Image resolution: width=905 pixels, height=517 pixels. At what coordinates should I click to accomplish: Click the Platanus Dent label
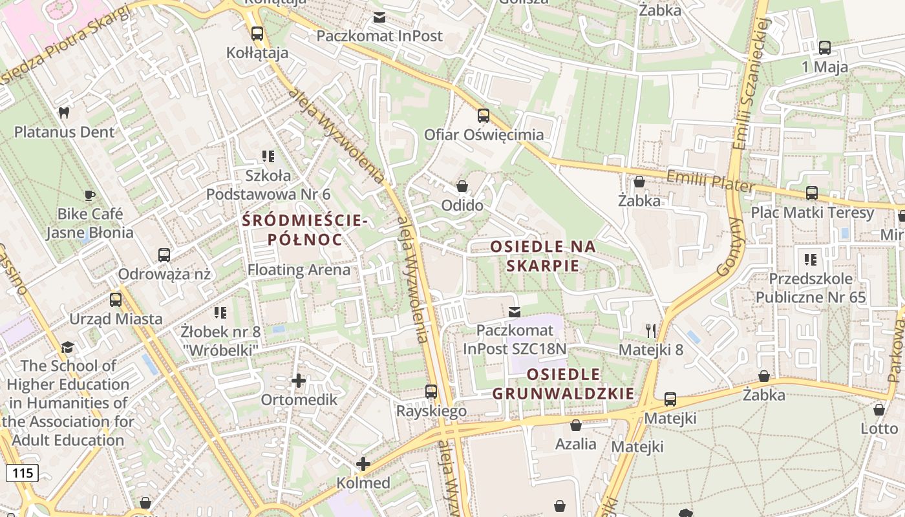(64, 132)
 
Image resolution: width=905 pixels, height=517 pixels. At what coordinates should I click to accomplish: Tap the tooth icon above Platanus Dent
(63, 112)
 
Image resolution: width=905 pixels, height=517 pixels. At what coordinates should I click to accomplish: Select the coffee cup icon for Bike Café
(90, 195)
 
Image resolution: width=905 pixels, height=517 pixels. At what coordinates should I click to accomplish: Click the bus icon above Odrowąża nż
(164, 255)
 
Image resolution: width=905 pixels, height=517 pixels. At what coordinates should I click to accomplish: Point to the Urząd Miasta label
(116, 319)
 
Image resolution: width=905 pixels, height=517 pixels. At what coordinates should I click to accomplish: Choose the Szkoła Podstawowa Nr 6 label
(268, 184)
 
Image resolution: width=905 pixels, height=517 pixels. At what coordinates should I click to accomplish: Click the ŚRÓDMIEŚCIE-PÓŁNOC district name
(304, 230)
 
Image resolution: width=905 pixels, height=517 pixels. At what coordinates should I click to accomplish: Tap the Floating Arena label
(299, 269)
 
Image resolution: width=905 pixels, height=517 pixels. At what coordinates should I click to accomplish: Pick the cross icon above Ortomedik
(298, 381)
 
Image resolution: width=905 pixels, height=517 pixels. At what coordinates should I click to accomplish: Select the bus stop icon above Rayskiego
(431, 391)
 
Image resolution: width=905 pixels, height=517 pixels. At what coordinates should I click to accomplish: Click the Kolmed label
(363, 483)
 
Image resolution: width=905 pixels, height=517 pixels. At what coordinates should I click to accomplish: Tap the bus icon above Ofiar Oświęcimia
(484, 116)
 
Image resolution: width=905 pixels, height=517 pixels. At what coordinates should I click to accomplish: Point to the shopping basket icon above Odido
(462, 187)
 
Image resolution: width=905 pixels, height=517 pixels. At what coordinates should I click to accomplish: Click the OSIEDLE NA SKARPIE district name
(543, 255)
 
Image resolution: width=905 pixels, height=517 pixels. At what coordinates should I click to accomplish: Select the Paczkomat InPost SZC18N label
(515, 339)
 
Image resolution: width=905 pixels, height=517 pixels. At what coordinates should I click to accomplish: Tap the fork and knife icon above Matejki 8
(651, 331)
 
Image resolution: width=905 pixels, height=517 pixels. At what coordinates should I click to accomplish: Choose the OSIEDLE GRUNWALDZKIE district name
(563, 384)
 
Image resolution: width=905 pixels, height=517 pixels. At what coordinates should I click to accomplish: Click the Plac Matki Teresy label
(812, 213)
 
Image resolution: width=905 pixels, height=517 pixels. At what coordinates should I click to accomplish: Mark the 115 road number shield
(23, 472)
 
